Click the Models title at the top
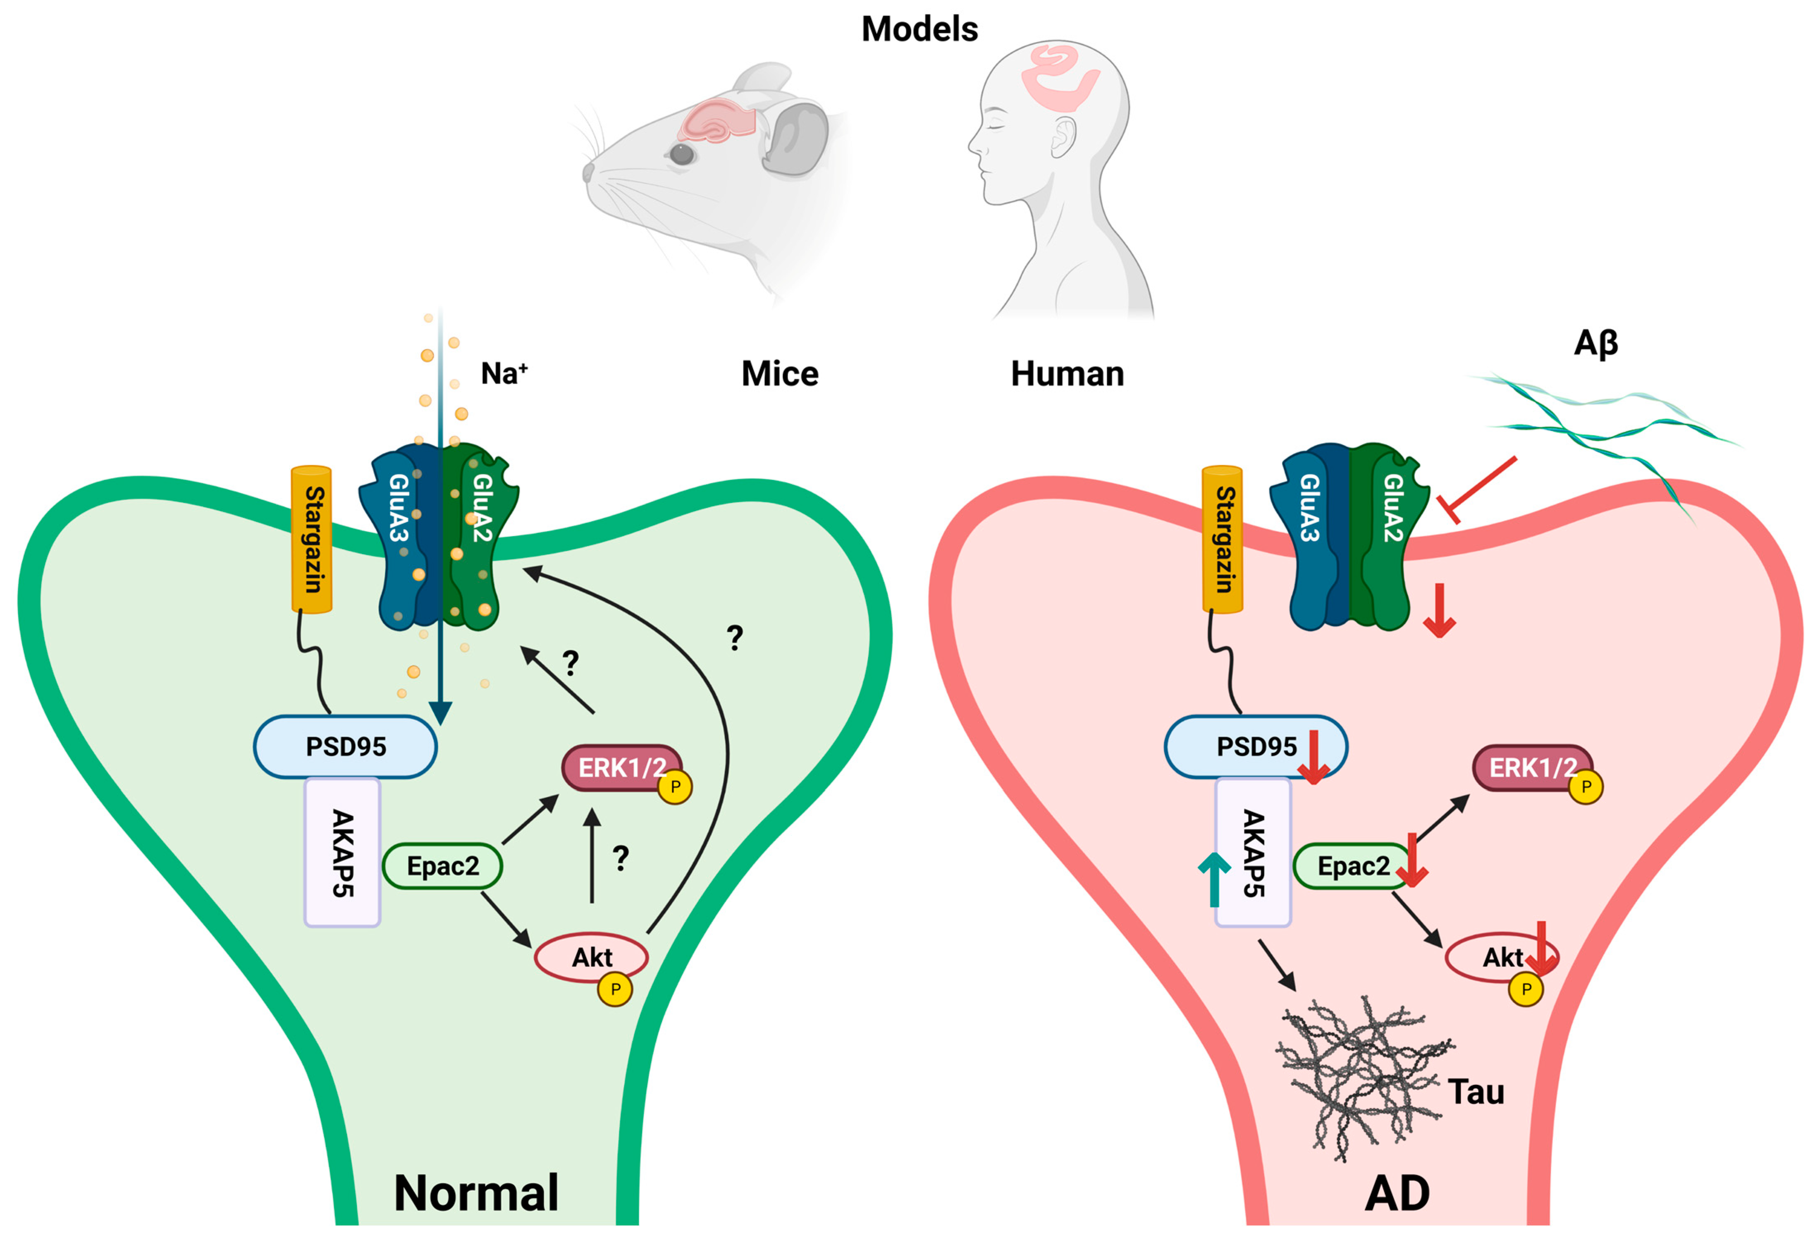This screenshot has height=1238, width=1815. coord(919,29)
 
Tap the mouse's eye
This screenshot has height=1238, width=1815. coord(682,154)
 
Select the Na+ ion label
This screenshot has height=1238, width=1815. coord(504,373)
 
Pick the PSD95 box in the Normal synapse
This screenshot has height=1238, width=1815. coord(345,747)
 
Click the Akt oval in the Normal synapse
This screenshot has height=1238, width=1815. coord(591,957)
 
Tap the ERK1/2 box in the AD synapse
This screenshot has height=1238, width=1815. coord(1532,768)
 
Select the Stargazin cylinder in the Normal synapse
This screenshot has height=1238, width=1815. coord(312,539)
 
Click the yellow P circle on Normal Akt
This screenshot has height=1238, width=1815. coord(615,989)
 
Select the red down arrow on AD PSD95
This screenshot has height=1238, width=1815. coord(1313,757)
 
